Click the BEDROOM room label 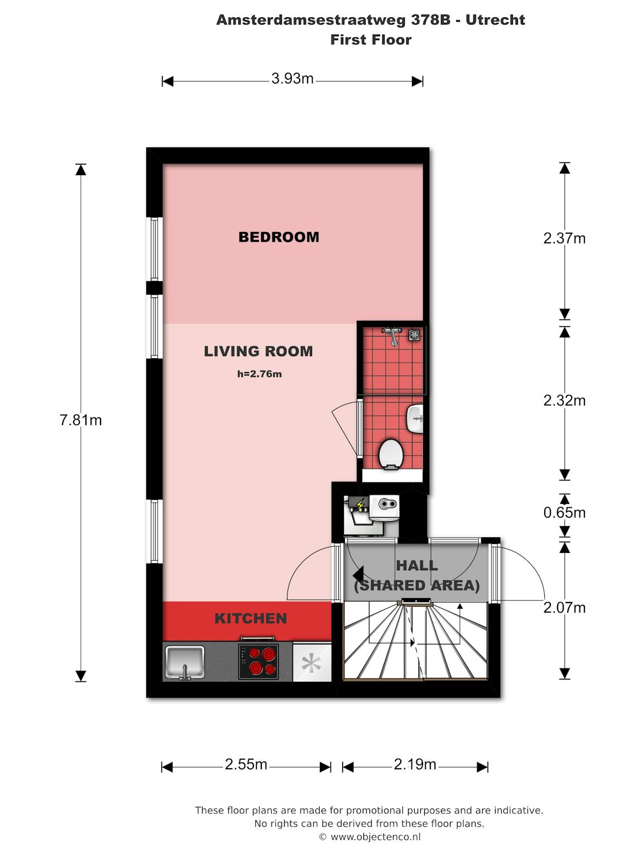[x=279, y=237]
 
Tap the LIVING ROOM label [x=258, y=352]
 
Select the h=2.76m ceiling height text [x=260, y=374]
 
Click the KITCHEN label [x=251, y=618]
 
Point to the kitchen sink [x=185, y=662]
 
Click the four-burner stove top [x=258, y=661]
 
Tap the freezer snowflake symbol [x=311, y=663]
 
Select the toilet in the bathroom [x=390, y=455]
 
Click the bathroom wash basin [x=415, y=419]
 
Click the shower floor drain [x=415, y=335]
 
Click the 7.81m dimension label [x=81, y=420]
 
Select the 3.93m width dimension [x=292, y=79]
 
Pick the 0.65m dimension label [x=564, y=513]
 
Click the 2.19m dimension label [x=415, y=764]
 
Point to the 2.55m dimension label [x=246, y=764]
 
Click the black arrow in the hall [x=358, y=575]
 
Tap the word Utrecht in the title [x=496, y=20]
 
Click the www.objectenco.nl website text [x=376, y=837]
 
